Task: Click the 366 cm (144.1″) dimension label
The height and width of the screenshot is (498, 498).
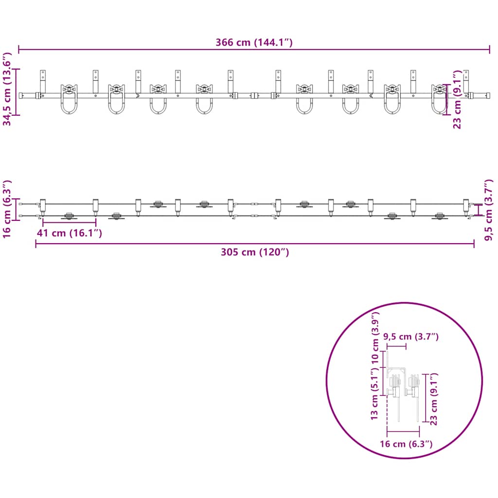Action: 254,42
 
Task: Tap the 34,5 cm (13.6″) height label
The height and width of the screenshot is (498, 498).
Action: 7,89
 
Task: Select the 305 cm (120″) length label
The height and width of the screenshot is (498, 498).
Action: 255,252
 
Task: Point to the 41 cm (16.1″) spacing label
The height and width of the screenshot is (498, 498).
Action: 69,233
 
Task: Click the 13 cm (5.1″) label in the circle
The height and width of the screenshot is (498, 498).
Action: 374,394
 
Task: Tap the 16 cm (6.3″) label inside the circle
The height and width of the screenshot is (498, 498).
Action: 406,444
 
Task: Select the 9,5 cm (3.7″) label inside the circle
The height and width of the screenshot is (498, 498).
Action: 411,337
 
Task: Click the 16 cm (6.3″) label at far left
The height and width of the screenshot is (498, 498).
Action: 7,209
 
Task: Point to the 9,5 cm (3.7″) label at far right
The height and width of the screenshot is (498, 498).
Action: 489,210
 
